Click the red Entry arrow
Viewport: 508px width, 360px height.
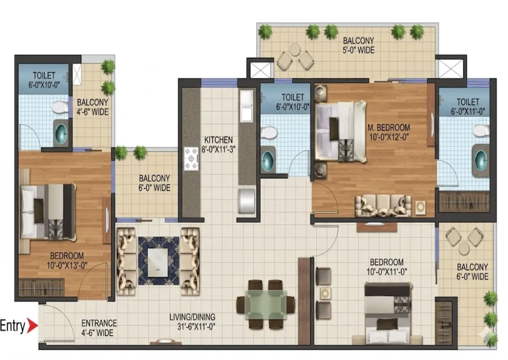pyautogui.click(x=31, y=325)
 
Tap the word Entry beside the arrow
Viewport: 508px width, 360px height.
pyautogui.click(x=12, y=325)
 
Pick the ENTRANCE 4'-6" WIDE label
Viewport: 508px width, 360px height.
pyautogui.click(x=99, y=328)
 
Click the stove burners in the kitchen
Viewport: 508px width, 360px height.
pyautogui.click(x=191, y=159)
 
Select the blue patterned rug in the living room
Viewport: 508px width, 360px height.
pyautogui.click(x=158, y=261)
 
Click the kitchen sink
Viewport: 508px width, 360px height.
pyautogui.click(x=246, y=106)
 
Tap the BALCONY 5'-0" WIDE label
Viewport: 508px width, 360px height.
pyautogui.click(x=359, y=45)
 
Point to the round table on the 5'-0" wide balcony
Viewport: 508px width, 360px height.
pyautogui.click(x=295, y=50)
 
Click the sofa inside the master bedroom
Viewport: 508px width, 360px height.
pyautogui.click(x=383, y=205)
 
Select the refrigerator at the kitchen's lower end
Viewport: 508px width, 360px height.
pyautogui.click(x=247, y=200)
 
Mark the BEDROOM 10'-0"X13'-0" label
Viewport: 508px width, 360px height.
pyautogui.click(x=67, y=260)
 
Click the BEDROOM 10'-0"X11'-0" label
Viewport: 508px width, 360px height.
pyautogui.click(x=387, y=266)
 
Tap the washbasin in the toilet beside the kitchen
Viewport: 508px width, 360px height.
pyautogui.click(x=268, y=159)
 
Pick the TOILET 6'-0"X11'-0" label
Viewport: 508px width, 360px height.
pyautogui.click(x=468, y=106)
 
